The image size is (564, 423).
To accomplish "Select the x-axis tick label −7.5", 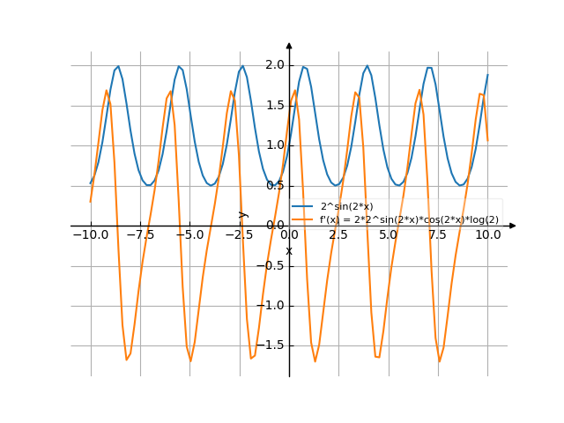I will [138, 235].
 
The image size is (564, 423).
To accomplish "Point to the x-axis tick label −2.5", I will [238, 235].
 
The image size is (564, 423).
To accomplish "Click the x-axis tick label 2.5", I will [339, 235].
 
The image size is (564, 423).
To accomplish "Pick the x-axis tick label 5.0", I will [389, 235].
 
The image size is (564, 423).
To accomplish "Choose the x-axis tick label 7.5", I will [439, 235].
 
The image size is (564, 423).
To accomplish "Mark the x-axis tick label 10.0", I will [488, 235].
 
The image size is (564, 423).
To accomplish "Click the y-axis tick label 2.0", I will [274, 65].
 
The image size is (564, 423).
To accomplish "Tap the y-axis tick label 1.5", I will [274, 106].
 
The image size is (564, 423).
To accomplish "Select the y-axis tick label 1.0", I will [274, 145].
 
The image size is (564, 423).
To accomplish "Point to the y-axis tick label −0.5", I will [271, 266].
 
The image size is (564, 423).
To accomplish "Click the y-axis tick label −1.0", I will [271, 306].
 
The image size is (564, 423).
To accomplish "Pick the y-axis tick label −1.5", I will [271, 346].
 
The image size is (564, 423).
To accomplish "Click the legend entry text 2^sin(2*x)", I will [347, 206].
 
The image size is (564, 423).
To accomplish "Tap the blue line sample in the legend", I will [303, 206].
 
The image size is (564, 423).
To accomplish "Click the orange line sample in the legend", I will [303, 219].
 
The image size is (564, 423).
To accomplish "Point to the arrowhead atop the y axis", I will [289, 46].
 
